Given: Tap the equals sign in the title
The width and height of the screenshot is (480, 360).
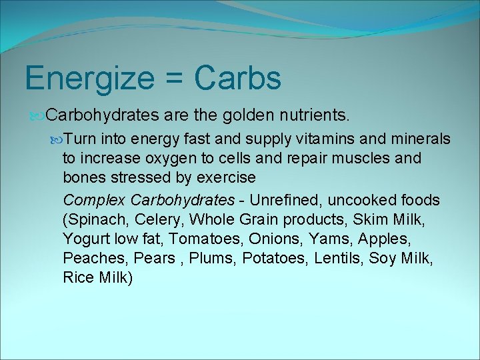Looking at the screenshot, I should pyautogui.click(x=175, y=79).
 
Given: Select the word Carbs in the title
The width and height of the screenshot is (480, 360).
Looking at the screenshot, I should pyautogui.click(x=238, y=79).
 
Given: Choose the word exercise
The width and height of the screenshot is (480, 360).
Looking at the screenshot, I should pyautogui.click(x=223, y=178).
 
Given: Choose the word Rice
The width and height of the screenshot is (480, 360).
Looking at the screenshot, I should pyautogui.click(x=78, y=277).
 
